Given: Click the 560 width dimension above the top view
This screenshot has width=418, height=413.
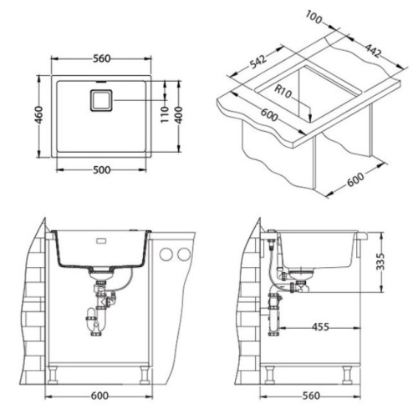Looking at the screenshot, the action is click(x=102, y=58).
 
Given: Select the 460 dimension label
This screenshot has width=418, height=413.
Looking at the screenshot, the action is click(x=39, y=115).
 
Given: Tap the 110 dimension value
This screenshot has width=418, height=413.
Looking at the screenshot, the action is click(x=165, y=114).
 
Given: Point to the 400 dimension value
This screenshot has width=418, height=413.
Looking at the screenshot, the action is click(x=179, y=115).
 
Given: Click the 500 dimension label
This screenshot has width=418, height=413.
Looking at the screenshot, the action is click(x=102, y=170).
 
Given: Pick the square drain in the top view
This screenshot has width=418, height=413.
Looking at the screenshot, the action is click(x=101, y=101).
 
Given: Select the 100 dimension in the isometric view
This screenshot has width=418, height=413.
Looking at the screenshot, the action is click(x=314, y=17).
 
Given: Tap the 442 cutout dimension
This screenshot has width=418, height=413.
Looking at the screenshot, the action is click(x=373, y=50).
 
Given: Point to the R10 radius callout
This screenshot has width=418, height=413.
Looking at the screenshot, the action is click(x=283, y=92).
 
